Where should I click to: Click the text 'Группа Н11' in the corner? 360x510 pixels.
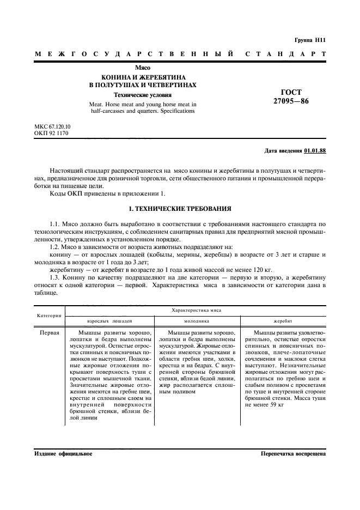(x=310, y=40)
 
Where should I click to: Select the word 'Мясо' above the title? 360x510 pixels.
(x=143, y=68)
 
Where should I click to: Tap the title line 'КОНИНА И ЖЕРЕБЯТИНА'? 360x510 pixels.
(x=143, y=77)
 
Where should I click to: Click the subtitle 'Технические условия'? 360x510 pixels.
(x=143, y=94)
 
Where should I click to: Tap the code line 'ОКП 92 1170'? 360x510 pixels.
(x=51, y=133)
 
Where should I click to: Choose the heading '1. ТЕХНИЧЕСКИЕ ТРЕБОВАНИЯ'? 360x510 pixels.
(x=180, y=209)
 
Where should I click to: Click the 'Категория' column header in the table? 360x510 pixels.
(x=49, y=315)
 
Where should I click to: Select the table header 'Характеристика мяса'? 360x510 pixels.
(x=197, y=309)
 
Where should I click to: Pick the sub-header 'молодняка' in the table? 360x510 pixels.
(x=197, y=322)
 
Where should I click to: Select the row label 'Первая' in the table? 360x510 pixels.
(x=49, y=332)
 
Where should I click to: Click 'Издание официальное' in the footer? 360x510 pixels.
(x=63, y=453)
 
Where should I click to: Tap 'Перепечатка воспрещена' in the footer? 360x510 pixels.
(x=293, y=453)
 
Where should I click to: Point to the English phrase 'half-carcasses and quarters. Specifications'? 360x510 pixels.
(x=143, y=111)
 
